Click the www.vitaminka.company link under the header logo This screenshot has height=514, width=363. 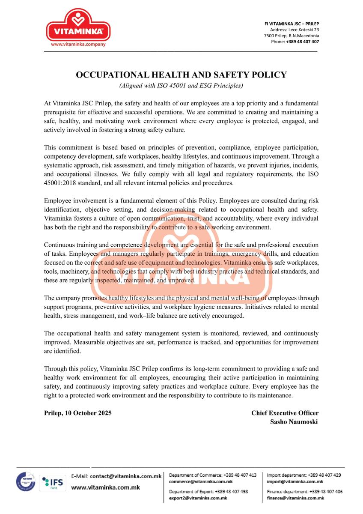click(78, 44)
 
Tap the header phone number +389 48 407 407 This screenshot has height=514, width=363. click(302, 42)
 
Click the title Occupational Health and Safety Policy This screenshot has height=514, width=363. click(181, 75)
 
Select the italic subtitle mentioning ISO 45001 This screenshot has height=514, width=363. click(181, 86)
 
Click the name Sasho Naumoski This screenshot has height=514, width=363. click(294, 421)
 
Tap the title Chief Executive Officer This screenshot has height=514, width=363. click(285, 413)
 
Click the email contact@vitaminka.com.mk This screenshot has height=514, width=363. click(125, 476)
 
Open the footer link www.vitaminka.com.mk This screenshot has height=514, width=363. click(105, 487)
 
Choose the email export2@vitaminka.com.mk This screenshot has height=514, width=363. click(198, 498)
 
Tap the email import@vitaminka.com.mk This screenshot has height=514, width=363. click(295, 481)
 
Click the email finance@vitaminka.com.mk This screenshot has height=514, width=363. click(295, 498)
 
